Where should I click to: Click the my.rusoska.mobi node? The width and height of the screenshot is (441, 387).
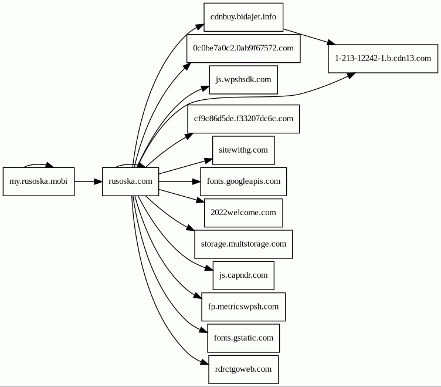tap(39, 181)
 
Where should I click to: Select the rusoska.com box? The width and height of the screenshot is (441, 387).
tap(130, 181)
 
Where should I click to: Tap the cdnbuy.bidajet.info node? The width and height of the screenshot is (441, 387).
tap(243, 17)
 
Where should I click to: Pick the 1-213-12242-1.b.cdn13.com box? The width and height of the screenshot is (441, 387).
tap(382, 58)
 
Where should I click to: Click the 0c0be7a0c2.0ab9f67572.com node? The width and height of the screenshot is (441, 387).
tap(243, 49)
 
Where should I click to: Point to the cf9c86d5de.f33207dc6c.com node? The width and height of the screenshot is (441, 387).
tap(243, 118)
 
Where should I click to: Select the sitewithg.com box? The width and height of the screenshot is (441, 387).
tap(243, 150)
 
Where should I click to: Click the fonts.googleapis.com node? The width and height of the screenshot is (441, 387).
tap(243, 181)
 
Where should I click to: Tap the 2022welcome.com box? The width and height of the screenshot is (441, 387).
tap(243, 213)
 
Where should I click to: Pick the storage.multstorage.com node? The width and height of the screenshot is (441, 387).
tap(243, 244)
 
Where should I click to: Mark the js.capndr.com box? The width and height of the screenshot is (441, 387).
tap(243, 275)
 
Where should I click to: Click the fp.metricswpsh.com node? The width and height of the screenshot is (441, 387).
tap(243, 307)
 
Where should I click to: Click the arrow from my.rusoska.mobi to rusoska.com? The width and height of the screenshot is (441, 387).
tap(88, 181)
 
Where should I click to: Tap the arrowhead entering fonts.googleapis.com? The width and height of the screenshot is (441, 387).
tap(196, 181)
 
